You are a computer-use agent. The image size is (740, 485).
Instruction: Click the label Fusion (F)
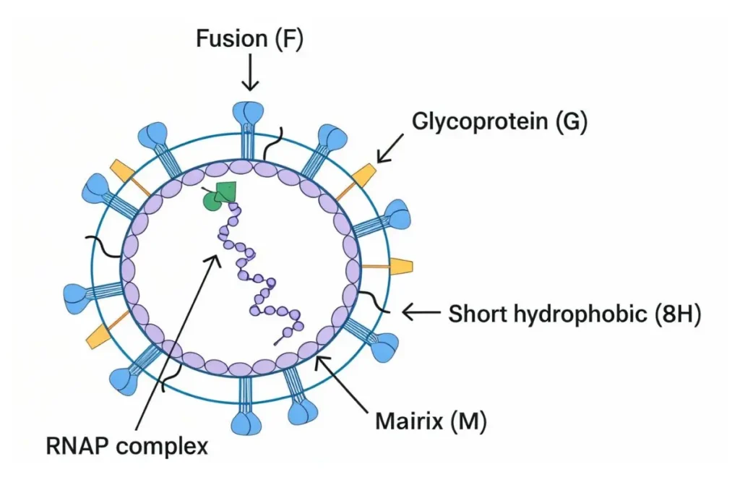click(x=249, y=38)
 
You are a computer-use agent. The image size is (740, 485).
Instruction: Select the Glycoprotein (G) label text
click(x=499, y=121)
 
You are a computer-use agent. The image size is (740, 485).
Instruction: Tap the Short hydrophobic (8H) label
click(x=575, y=314)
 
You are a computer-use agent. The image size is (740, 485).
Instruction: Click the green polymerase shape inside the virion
click(x=223, y=196)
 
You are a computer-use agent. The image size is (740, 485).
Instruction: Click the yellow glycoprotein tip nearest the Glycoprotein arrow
click(x=365, y=174)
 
